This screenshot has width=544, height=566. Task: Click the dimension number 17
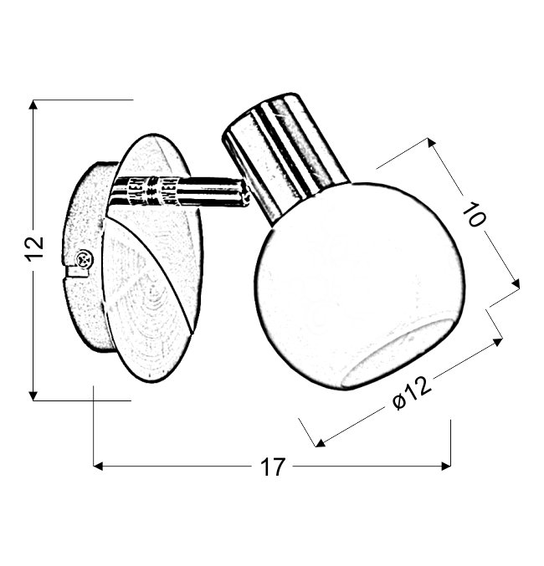273,467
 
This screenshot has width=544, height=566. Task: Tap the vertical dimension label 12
34,248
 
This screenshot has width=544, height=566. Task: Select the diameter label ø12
412,393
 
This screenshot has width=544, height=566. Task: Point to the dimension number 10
475,214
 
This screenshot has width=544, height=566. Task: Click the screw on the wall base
84,259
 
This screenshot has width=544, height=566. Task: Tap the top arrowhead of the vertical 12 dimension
33,105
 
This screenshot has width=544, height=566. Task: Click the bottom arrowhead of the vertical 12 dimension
33,395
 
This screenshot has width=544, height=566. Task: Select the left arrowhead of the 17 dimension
98,466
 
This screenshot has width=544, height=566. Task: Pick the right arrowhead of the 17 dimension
446,466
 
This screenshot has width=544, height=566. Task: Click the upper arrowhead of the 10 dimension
431,143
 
